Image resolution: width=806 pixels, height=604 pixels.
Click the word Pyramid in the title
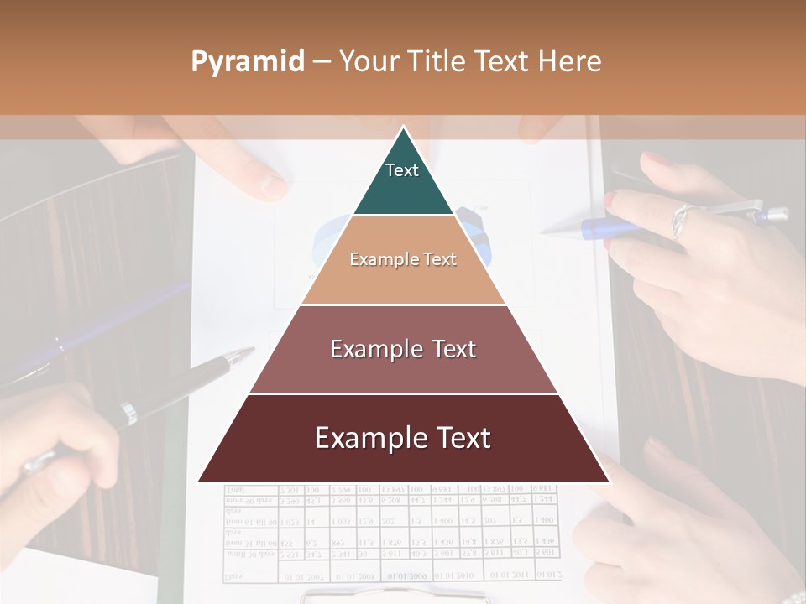(x=248, y=62)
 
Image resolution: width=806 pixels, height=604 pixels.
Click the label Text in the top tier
(x=401, y=170)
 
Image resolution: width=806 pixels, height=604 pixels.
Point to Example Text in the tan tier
(x=403, y=259)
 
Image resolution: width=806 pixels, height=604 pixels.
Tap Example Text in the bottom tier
(x=403, y=438)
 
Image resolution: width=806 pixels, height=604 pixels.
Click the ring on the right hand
(x=681, y=220)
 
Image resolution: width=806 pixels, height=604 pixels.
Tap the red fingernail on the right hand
(x=610, y=200)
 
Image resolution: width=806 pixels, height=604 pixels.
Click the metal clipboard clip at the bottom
(x=395, y=596)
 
